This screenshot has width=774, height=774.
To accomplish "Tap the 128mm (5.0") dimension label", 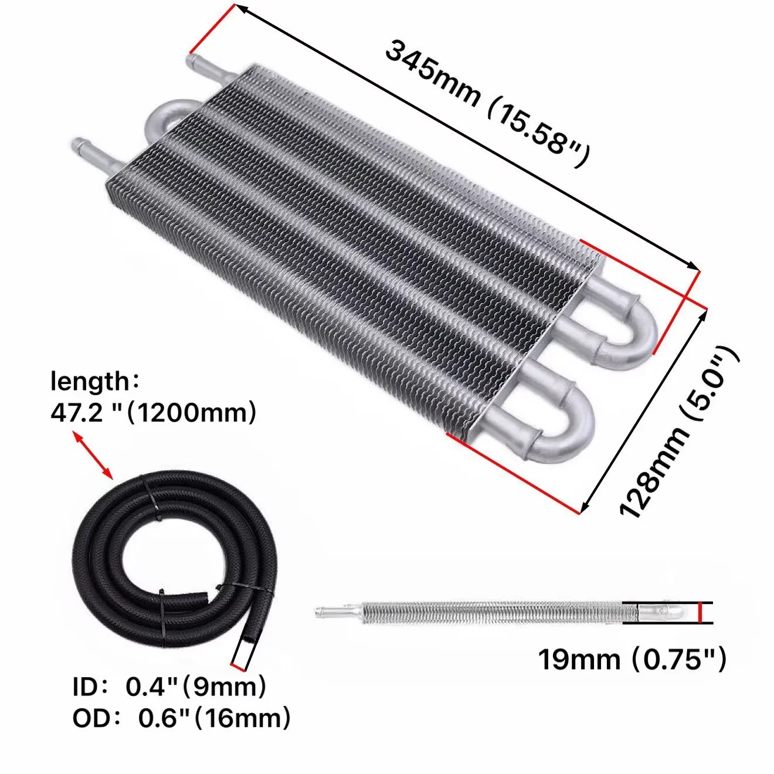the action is [x=679, y=432].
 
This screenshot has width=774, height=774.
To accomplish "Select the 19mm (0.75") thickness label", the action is [x=632, y=659].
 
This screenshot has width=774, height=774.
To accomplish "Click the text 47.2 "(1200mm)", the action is [x=153, y=412].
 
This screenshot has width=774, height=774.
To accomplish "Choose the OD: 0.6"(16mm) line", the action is [x=181, y=718].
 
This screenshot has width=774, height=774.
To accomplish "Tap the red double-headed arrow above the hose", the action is [x=93, y=455].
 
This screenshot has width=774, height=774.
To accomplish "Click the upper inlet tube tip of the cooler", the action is [x=192, y=62].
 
